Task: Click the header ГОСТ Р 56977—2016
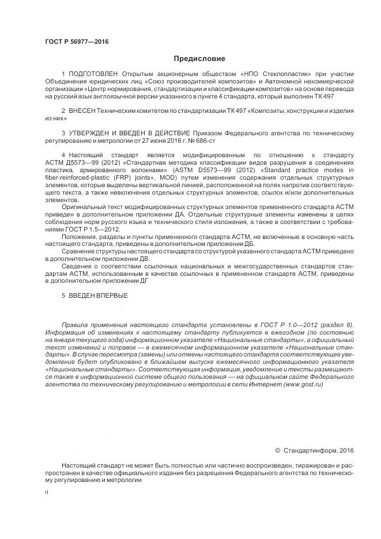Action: [76, 42]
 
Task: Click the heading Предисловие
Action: [199, 59]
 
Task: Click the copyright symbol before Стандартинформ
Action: [277, 450]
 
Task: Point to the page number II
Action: [47, 494]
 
